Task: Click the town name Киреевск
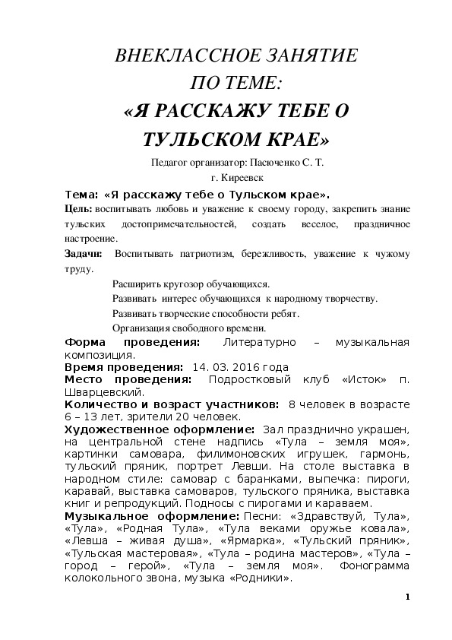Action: pos(248,177)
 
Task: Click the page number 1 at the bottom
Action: pos(408,597)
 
